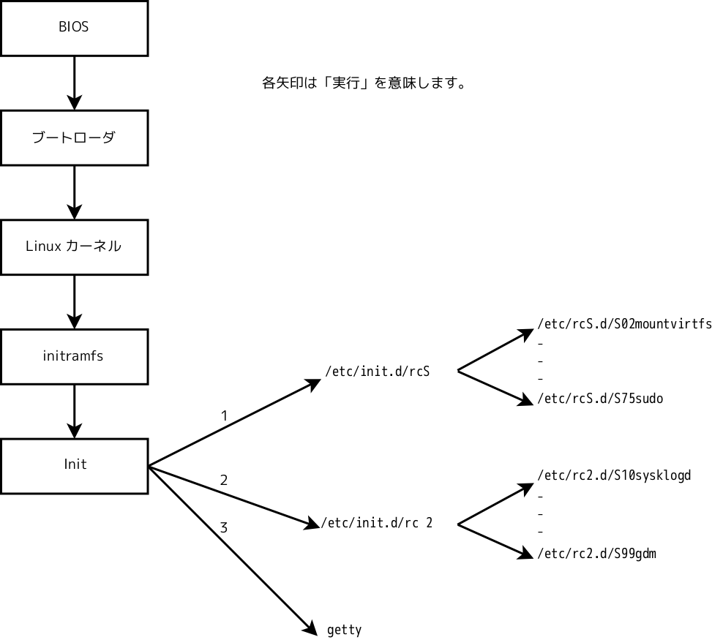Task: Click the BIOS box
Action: coord(74,28)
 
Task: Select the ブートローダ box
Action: coord(74,138)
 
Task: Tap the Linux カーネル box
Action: coord(74,246)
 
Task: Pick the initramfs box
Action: coord(74,356)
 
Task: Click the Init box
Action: coord(74,465)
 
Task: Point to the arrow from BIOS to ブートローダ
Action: coord(74,82)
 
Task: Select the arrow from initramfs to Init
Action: coord(74,410)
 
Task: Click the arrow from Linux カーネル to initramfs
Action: coord(74,301)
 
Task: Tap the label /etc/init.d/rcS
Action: coord(377,372)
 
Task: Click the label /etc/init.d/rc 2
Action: coord(377,523)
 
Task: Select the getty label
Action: coord(344,630)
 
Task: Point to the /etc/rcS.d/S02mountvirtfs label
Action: coord(624,323)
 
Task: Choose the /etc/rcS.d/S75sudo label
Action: coord(600,399)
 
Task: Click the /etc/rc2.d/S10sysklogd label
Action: coord(614,475)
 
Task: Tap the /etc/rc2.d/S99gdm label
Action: coord(596,554)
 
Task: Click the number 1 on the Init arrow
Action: coord(224,416)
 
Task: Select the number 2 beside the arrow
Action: coord(224,481)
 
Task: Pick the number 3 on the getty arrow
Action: coord(224,527)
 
